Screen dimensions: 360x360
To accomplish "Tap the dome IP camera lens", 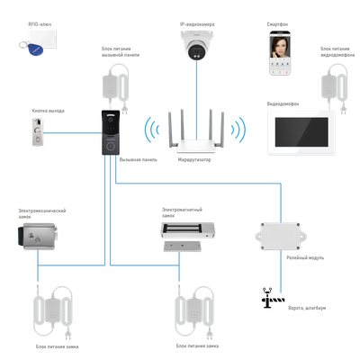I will pos(193,49).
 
